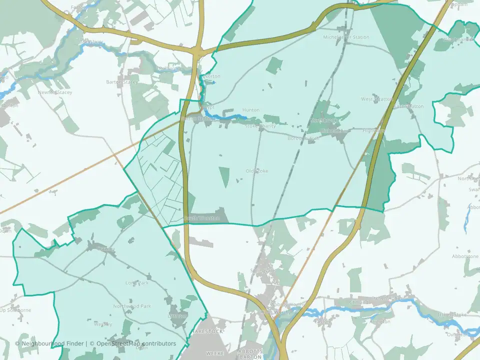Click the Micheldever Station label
click(x=346, y=37)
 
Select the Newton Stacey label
click(x=55, y=92)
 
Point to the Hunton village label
click(x=250, y=110)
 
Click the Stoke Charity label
click(x=260, y=126)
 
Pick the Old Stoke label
click(x=257, y=171)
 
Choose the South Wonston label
click(x=201, y=218)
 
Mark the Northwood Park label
click(x=132, y=306)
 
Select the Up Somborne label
click(x=15, y=310)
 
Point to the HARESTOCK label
click(x=207, y=331)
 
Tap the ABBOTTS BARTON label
click(x=250, y=354)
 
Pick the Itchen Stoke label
click(x=452, y=314)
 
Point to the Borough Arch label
click(x=303, y=138)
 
